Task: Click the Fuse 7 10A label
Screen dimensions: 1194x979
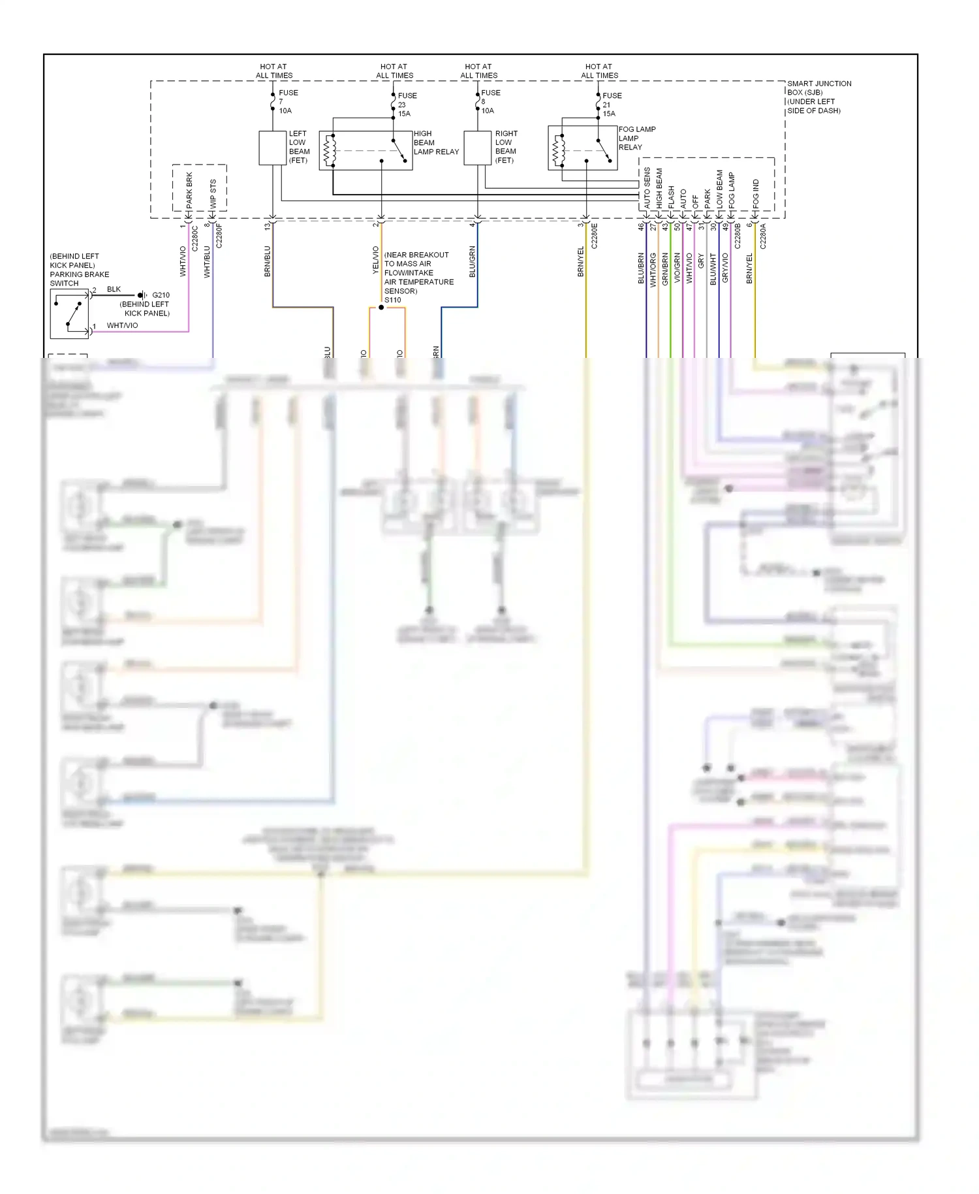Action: (x=287, y=102)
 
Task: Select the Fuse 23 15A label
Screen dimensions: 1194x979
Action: (x=406, y=105)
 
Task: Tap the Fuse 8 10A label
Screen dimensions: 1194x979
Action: (x=489, y=102)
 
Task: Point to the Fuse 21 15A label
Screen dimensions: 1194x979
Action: (x=610, y=105)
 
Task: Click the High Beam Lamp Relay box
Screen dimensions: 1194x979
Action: (x=365, y=150)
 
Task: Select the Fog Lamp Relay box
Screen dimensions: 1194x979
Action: (x=582, y=148)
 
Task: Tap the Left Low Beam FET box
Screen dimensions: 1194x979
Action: (x=272, y=148)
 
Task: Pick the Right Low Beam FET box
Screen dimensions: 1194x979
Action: (x=477, y=148)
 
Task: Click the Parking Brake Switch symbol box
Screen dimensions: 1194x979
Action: (x=69, y=314)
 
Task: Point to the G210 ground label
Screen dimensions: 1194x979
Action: (x=161, y=295)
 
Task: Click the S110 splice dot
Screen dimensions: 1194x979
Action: (x=381, y=307)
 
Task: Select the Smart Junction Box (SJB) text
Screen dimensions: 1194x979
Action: (x=818, y=97)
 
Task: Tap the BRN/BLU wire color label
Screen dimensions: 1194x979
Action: (x=267, y=261)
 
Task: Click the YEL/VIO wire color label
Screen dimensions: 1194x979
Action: (x=375, y=260)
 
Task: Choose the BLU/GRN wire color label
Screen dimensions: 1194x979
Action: (x=472, y=261)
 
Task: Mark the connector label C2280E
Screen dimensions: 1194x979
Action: (x=594, y=236)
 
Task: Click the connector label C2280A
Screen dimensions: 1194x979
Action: (x=762, y=236)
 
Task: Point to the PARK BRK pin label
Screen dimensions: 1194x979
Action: (x=189, y=190)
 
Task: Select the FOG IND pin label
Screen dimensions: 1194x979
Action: (x=756, y=194)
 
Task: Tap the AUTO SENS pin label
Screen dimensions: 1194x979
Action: (x=647, y=189)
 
